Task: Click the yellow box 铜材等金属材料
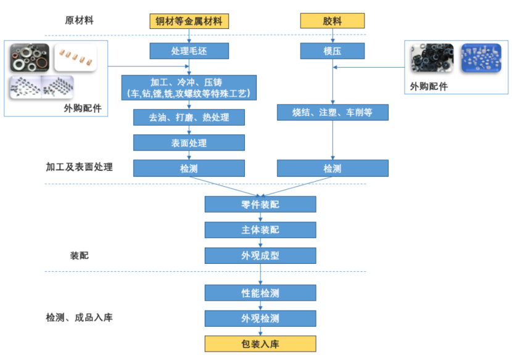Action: pos(189,22)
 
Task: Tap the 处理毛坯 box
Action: pos(189,51)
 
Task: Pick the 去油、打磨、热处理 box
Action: pos(189,117)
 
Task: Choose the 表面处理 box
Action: pos(189,143)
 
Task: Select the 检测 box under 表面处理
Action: pos(189,168)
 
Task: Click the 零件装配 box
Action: pos(260,204)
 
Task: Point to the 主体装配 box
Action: pos(260,230)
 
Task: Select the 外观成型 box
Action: pos(260,255)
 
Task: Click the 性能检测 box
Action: pos(260,293)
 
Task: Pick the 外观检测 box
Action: pos(260,318)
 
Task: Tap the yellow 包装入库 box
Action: pos(260,343)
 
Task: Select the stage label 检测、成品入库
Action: pos(80,318)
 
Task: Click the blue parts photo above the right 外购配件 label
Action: pos(481,59)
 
